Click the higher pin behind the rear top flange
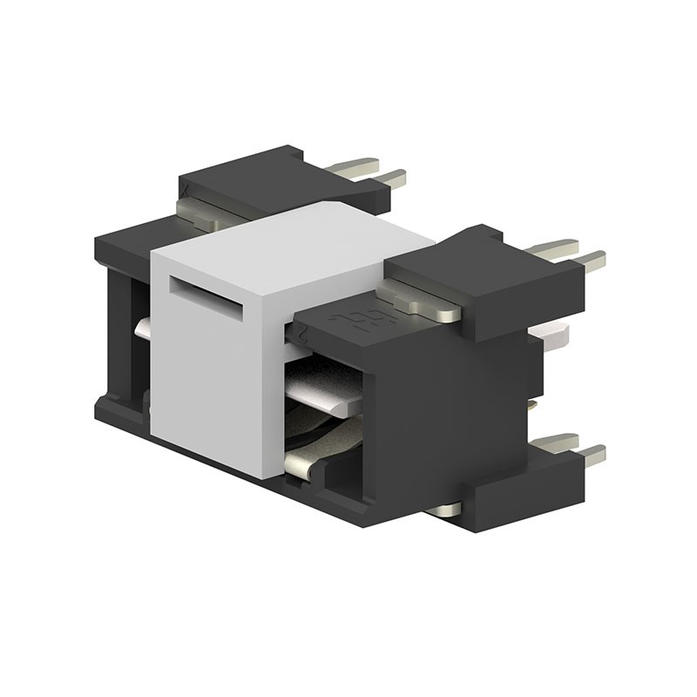coord(357,165)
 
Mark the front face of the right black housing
coord(418,418)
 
